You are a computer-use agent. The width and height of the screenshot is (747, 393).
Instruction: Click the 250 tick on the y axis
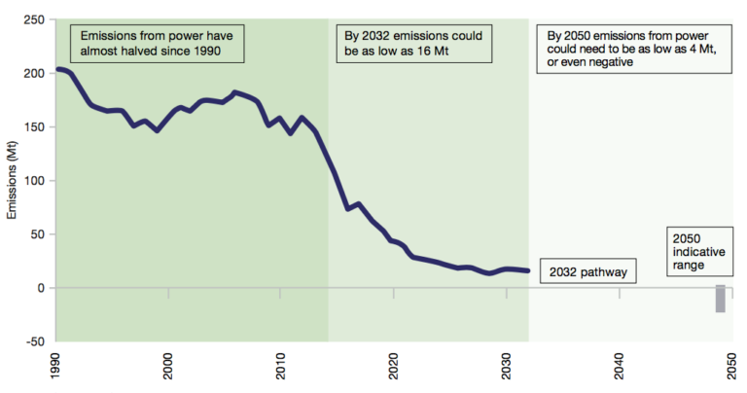tap(35, 19)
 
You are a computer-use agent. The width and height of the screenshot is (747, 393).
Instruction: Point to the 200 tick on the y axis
tap(35, 73)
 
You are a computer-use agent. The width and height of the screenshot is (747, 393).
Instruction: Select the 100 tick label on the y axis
tap(35, 180)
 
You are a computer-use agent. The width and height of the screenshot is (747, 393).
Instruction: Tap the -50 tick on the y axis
tap(35, 341)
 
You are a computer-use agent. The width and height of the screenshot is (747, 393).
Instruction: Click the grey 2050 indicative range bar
tap(721, 299)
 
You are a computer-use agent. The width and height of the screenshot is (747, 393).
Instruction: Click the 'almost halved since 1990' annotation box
tap(157, 42)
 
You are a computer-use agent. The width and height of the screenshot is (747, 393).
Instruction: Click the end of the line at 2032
tap(528, 270)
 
